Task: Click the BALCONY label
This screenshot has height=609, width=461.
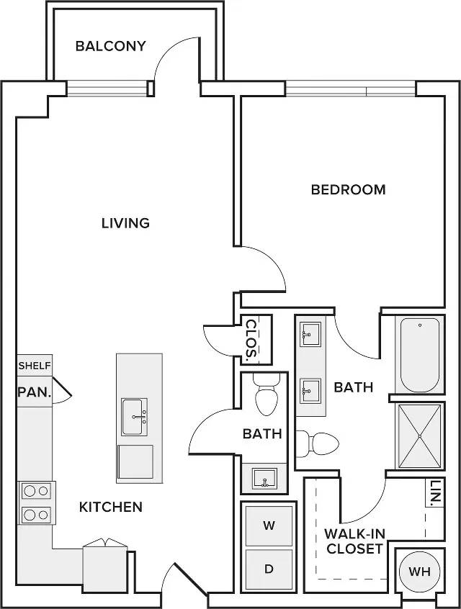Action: pyautogui.click(x=110, y=46)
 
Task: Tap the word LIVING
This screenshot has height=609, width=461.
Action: pyautogui.click(x=125, y=223)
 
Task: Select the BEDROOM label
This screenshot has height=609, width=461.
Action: pyautogui.click(x=349, y=189)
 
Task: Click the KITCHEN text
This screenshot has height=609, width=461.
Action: pyautogui.click(x=111, y=507)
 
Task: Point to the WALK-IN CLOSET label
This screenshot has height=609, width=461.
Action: pyautogui.click(x=354, y=541)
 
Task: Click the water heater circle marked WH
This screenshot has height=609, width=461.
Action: pyautogui.click(x=420, y=572)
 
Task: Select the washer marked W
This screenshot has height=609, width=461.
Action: pyautogui.click(x=269, y=525)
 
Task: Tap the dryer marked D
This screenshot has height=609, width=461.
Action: pyautogui.click(x=269, y=569)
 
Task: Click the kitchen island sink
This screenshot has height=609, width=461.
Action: pyautogui.click(x=134, y=417)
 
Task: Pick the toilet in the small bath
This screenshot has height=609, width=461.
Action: pyautogui.click(x=267, y=392)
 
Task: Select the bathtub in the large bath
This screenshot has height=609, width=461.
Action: pyautogui.click(x=420, y=355)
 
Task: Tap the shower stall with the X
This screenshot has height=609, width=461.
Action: pyautogui.click(x=420, y=436)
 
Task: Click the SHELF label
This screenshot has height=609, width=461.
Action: pyautogui.click(x=35, y=366)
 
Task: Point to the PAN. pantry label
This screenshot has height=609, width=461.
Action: pyautogui.click(x=35, y=392)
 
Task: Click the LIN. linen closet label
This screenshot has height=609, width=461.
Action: pyautogui.click(x=436, y=493)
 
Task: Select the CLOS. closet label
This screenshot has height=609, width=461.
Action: pyautogui.click(x=251, y=338)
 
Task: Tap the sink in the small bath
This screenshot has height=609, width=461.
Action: pyautogui.click(x=264, y=479)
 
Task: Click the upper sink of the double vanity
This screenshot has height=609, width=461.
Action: pyautogui.click(x=310, y=333)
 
